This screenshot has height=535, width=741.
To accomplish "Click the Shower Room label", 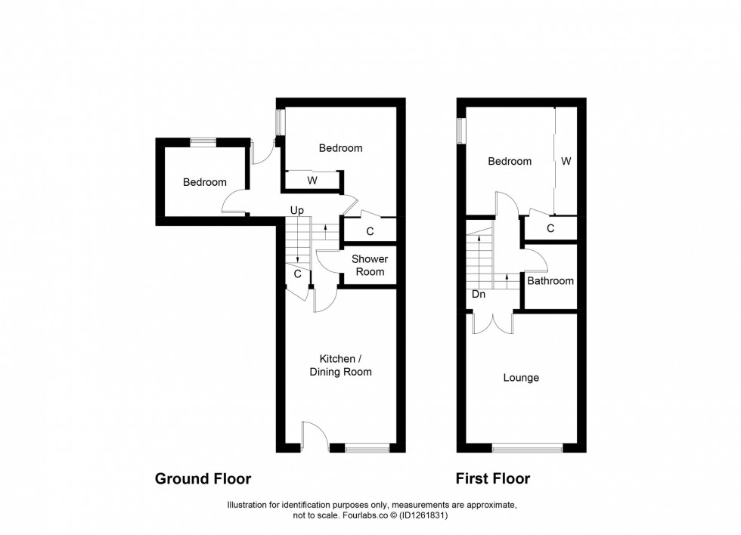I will pos(370,265).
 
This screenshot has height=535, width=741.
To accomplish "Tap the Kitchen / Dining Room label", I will pos(346,365).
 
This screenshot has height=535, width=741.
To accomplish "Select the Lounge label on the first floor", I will pos(521,378).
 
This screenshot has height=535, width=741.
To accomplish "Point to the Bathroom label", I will pos(550,281).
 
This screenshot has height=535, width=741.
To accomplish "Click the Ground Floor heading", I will pos(203,479).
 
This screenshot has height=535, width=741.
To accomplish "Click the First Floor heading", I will pos(492,479).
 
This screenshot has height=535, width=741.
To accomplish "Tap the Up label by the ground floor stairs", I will pos(296,210).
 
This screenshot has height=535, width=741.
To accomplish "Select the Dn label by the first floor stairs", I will pos(479,295).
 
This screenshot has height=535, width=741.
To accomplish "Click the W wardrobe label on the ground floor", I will pos(312,181).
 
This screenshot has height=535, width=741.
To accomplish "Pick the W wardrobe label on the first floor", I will pos(566,161).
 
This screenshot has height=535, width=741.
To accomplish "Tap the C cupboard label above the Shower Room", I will pos(370,231).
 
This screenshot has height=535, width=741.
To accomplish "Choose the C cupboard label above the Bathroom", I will pos(550,228).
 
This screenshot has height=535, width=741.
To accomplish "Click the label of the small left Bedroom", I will pos(204,182).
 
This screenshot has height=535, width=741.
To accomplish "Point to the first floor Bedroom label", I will pos(510,161).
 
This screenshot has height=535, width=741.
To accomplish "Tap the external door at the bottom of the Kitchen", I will pos(313,437).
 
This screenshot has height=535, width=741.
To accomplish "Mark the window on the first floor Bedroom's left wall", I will pos(460,128).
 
